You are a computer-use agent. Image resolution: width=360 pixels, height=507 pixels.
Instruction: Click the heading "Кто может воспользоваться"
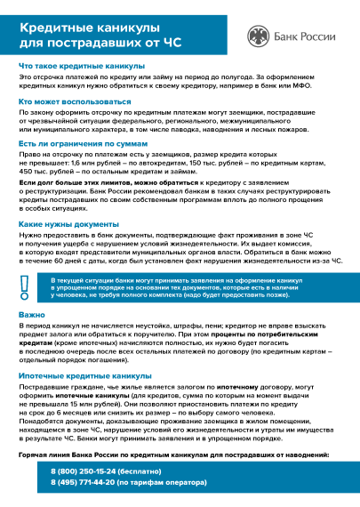[75, 102]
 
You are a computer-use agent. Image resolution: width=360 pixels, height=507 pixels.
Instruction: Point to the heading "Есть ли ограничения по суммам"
[84, 142]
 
